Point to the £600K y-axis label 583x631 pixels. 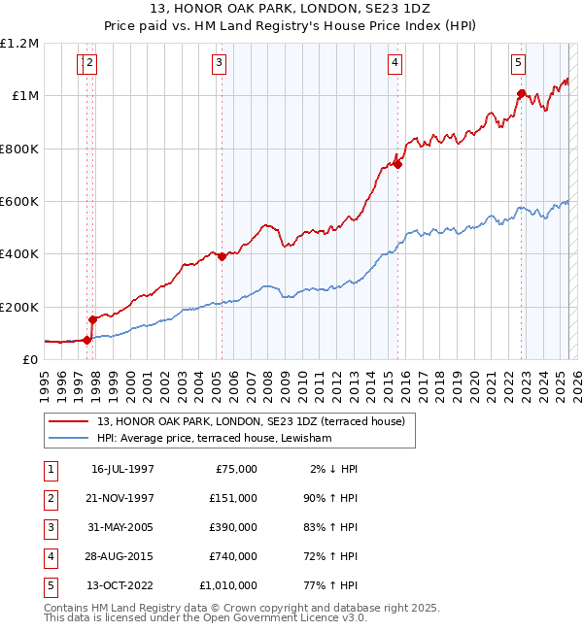pyautogui.click(x=19, y=201)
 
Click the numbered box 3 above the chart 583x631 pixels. pyautogui.click(x=219, y=63)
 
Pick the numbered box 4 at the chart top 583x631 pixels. pyautogui.click(x=395, y=63)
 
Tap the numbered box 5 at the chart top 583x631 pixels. pyautogui.click(x=518, y=63)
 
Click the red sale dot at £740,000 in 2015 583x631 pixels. pyautogui.click(x=397, y=164)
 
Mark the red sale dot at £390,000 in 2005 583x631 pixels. pyautogui.click(x=222, y=256)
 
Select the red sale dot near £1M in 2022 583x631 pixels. pyautogui.click(x=521, y=93)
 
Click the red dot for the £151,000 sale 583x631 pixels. pyautogui.click(x=92, y=319)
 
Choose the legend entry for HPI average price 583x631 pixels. pyautogui.click(x=215, y=439)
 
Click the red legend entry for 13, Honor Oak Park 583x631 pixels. pyautogui.click(x=257, y=421)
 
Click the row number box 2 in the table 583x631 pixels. pyautogui.click(x=49, y=497)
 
